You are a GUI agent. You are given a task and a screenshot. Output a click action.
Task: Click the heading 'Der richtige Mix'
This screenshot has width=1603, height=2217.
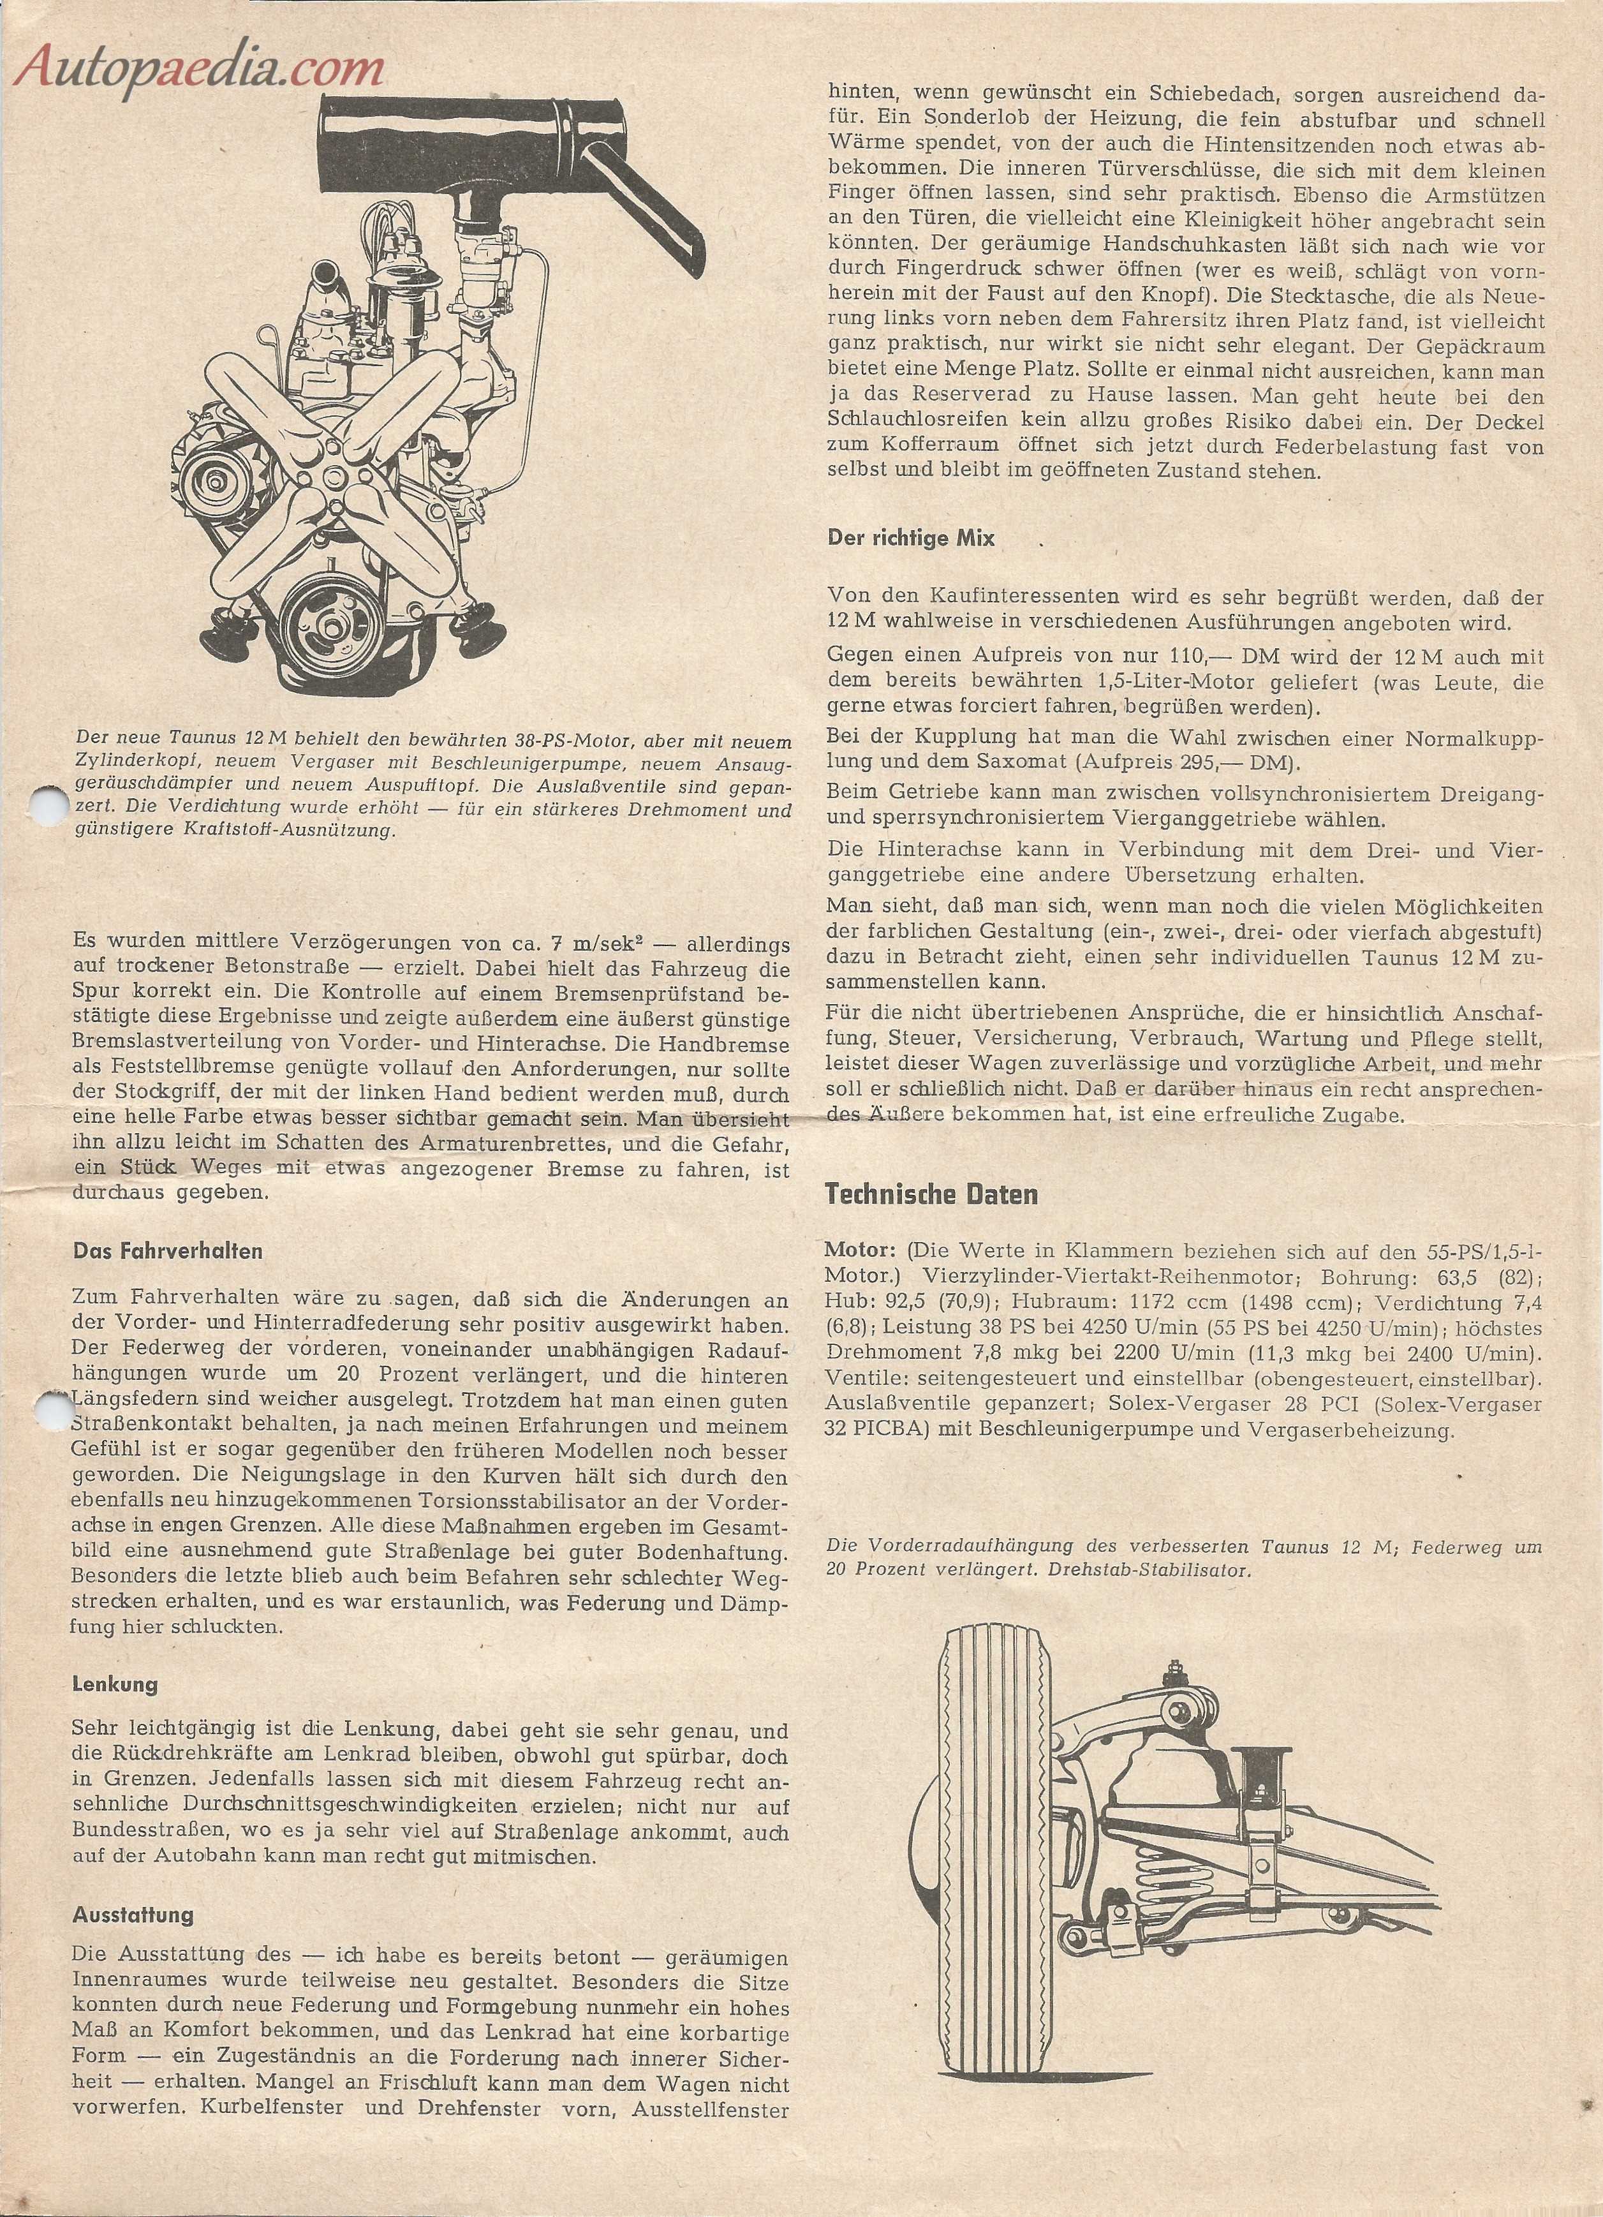tap(911, 538)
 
